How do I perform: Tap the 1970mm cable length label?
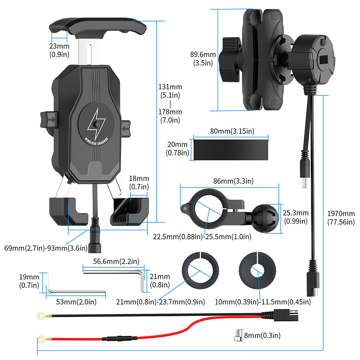coord(341,218)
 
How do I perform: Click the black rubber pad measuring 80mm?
coord(230,149)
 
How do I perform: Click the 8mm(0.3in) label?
coord(263,336)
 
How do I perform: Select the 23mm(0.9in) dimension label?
coord(59,50)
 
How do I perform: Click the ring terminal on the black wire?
coord(41,315)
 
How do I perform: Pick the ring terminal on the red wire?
coord(41,338)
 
